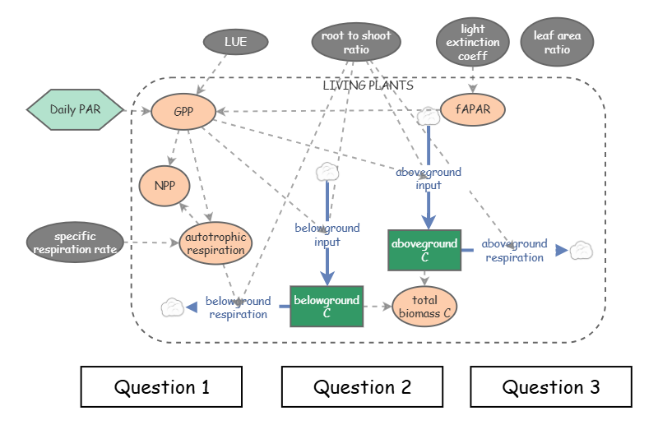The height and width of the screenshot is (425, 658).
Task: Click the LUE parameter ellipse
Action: click(x=235, y=40)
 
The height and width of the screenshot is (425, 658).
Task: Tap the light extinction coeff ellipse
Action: click(x=473, y=43)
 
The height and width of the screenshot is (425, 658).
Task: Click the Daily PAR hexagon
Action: click(x=75, y=109)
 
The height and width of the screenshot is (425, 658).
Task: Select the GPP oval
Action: click(x=183, y=112)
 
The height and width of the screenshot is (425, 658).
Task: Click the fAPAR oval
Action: click(x=473, y=109)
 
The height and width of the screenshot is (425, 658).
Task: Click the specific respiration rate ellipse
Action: click(x=76, y=243)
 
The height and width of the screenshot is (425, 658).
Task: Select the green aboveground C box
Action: click(x=424, y=251)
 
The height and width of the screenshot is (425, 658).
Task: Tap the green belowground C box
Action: click(x=327, y=307)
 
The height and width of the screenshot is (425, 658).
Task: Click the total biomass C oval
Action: click(x=424, y=306)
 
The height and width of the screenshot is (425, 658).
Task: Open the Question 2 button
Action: click(x=363, y=386)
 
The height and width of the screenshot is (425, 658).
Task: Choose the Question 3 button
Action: click(x=551, y=386)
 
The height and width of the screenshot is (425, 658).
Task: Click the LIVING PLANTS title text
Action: click(x=368, y=85)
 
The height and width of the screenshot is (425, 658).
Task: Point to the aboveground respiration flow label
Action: click(x=514, y=251)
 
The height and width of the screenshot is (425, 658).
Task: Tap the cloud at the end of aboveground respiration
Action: click(x=582, y=250)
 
